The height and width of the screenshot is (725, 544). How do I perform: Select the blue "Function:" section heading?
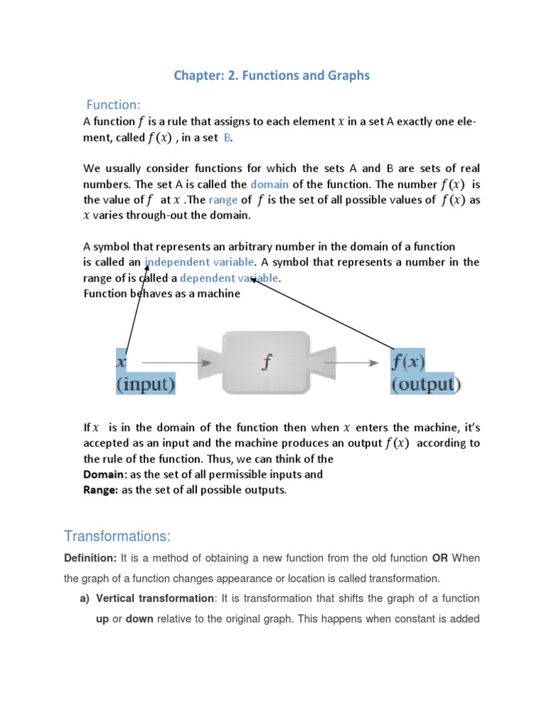tap(113, 105)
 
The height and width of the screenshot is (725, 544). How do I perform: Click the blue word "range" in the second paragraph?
tap(223, 200)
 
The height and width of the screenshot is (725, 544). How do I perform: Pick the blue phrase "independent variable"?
tap(195, 262)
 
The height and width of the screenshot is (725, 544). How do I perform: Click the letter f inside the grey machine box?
tap(266, 362)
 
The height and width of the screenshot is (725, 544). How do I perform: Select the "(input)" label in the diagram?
tap(146, 384)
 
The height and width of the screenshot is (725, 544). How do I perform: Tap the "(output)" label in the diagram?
tap(426, 384)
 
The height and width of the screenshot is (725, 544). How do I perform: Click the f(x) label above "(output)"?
tap(409, 362)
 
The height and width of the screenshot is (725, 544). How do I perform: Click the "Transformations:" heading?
tap(117, 535)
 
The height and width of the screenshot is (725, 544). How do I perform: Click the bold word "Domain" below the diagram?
tap(104, 474)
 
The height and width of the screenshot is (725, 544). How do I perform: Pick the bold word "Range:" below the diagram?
tap(101, 490)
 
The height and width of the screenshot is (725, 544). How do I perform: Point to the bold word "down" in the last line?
tap(140, 618)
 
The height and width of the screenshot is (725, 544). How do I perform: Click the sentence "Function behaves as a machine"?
tap(161, 294)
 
